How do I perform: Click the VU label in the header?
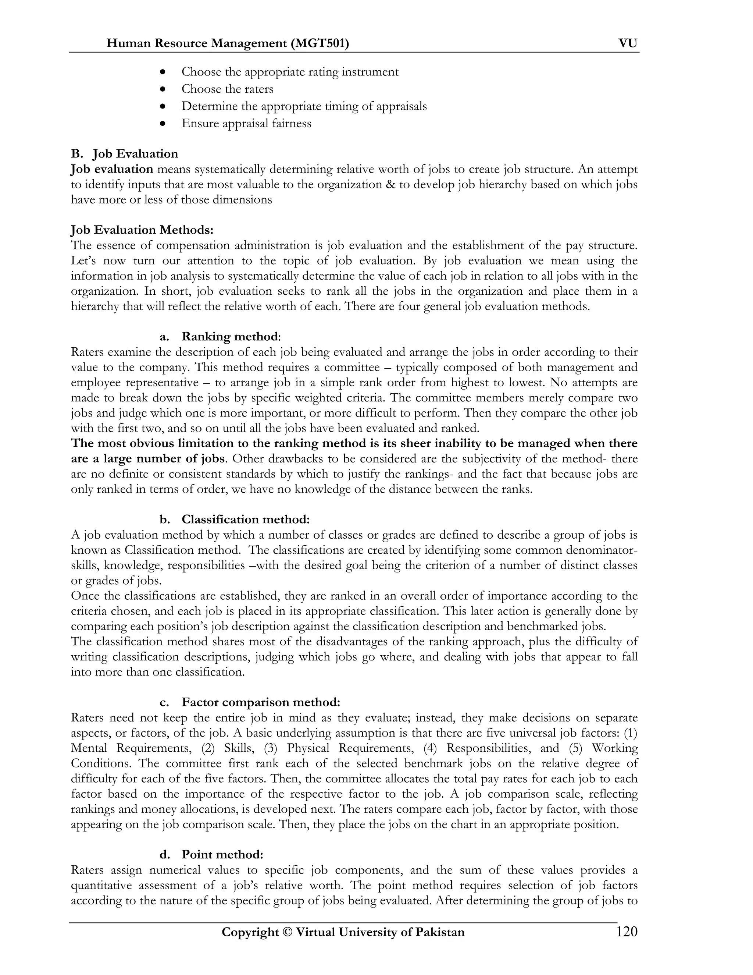pos(628,43)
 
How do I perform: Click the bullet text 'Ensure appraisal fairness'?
pos(246,124)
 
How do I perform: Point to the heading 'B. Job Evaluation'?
pos(125,154)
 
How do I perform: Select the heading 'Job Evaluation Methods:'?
pos(142,230)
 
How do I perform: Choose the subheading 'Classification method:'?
pos(245,520)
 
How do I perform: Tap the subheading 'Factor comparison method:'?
pos(261,702)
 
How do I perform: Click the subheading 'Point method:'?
pos(222,854)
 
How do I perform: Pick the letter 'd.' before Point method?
pos(165,854)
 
